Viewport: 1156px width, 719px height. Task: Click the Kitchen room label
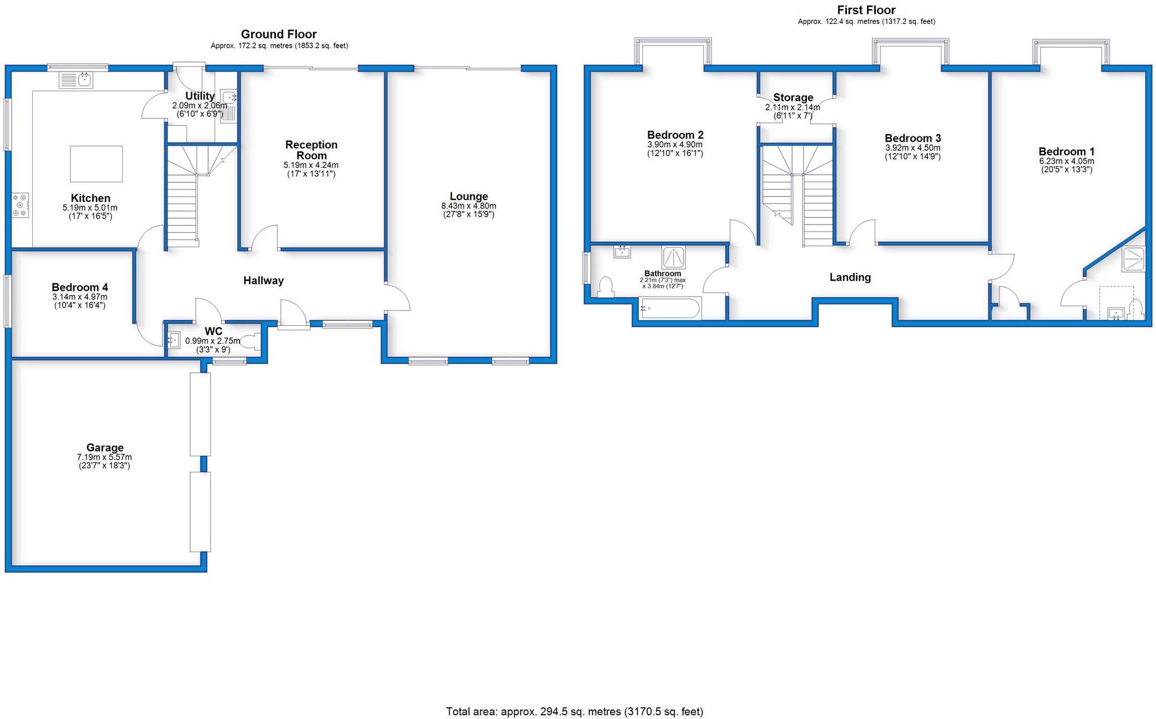[x=90, y=198]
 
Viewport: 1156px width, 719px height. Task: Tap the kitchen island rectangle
[x=97, y=164]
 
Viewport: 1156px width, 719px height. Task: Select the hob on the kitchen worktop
[x=20, y=205]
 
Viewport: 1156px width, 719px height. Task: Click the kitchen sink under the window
[x=76, y=79]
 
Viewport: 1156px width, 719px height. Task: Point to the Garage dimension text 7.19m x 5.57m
[x=104, y=457]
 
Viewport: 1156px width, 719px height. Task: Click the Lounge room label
[x=468, y=197]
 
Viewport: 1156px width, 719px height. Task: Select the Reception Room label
[x=311, y=150]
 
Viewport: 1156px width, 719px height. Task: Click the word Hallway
[x=263, y=281]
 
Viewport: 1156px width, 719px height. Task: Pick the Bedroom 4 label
[x=80, y=288]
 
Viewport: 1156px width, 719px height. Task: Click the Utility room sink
[x=229, y=99]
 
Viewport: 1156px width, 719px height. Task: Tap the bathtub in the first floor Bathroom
[x=669, y=309]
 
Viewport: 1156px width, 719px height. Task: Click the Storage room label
[x=793, y=98]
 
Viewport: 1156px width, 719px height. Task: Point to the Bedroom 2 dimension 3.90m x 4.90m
[x=675, y=145]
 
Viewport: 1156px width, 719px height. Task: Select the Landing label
[x=850, y=277]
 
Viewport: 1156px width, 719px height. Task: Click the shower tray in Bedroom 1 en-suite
[x=1133, y=259]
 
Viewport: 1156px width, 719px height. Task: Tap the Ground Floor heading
[x=279, y=35]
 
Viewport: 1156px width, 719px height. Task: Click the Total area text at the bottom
[x=574, y=711]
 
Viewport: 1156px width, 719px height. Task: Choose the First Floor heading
[x=866, y=10]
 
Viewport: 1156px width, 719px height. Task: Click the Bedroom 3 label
[x=912, y=138]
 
